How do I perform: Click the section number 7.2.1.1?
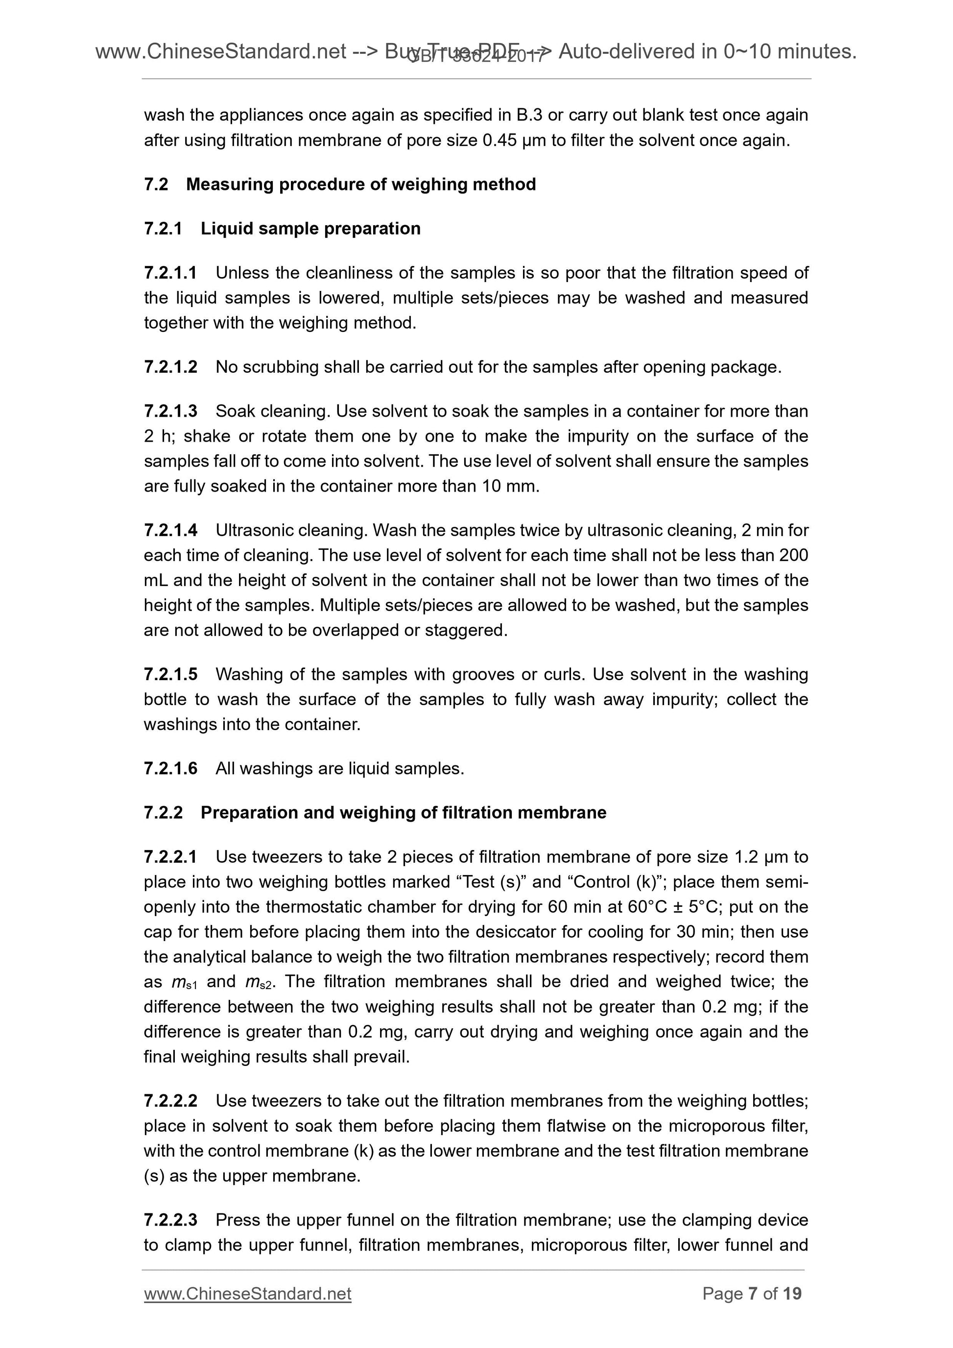pyautogui.click(x=170, y=273)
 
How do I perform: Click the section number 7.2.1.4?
pyautogui.click(x=170, y=531)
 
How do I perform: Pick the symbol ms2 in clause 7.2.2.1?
pyautogui.click(x=258, y=983)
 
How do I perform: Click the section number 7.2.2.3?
pyautogui.click(x=170, y=1221)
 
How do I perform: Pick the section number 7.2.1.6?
pyautogui.click(x=170, y=769)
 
